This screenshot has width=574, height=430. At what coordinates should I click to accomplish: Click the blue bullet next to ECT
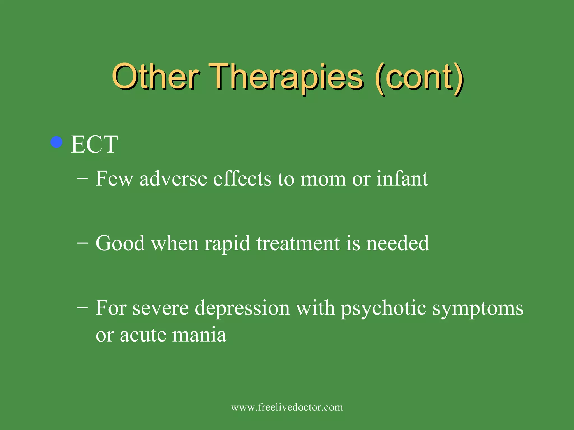click(x=56, y=142)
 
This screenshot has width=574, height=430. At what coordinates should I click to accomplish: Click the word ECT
click(x=94, y=144)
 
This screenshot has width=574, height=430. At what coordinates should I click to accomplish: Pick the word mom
click(x=323, y=179)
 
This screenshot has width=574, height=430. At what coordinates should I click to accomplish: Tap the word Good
click(x=120, y=243)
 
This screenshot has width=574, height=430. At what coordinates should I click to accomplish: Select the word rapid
click(x=227, y=244)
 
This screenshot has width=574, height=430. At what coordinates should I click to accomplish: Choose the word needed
click(x=398, y=243)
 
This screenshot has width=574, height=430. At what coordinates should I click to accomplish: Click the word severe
click(x=161, y=308)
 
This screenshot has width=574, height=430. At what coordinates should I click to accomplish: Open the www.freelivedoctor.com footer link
click(x=287, y=407)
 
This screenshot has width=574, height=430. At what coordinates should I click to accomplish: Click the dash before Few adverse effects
click(x=82, y=179)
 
